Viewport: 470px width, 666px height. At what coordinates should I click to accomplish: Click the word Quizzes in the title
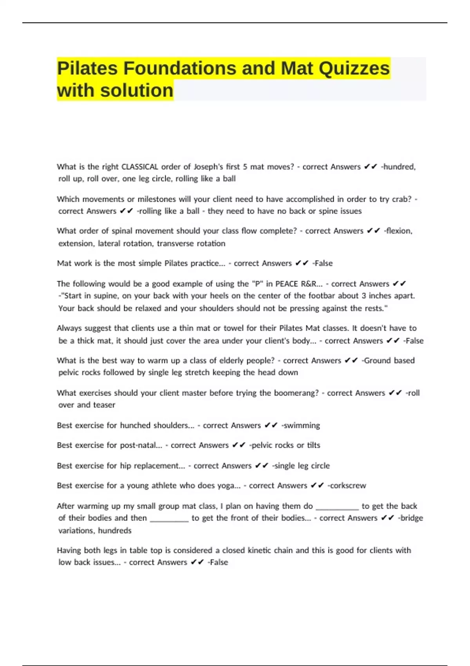point(354,69)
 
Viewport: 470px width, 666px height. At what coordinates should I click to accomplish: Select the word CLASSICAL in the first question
point(140,167)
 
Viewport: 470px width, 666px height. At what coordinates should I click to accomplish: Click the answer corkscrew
point(348,486)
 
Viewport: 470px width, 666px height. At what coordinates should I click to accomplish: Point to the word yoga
point(228,486)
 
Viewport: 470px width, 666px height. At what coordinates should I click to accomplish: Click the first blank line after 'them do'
point(337,507)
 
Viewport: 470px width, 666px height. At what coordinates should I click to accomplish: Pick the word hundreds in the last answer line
point(115,531)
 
